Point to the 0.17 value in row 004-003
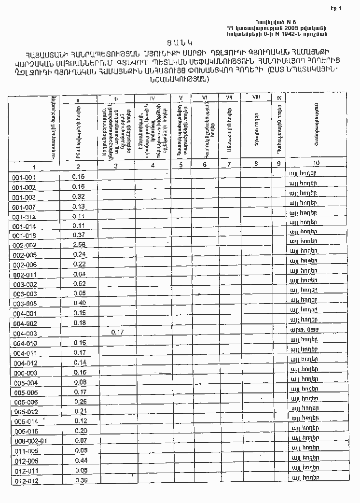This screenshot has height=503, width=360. click(x=117, y=333)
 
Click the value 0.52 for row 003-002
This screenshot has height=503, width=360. click(x=80, y=284)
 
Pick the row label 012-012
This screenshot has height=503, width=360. click(x=27, y=481)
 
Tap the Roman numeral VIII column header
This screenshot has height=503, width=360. click(x=256, y=98)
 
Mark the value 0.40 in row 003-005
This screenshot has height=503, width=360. click(x=80, y=303)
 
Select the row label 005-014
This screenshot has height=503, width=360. click(x=26, y=421)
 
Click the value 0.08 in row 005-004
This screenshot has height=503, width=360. click(x=80, y=382)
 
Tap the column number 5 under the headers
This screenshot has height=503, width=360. click(x=180, y=165)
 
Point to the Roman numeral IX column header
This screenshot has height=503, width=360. click(x=279, y=98)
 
